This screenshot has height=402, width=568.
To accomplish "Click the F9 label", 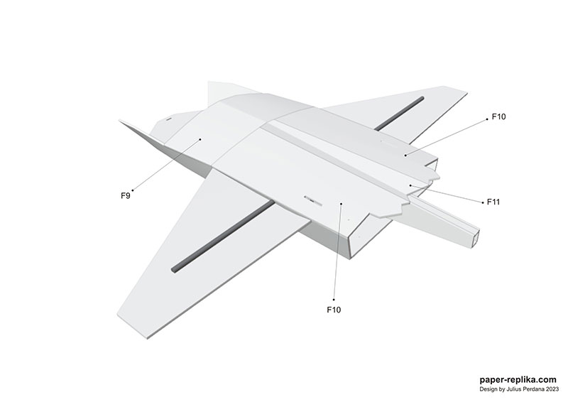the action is (x=126, y=196).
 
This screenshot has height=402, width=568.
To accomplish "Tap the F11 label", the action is (x=493, y=202).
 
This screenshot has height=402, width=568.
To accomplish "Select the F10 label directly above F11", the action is (x=498, y=116).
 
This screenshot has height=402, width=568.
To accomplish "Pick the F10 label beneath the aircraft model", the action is (x=334, y=310).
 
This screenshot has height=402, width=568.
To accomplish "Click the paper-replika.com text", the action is (x=518, y=380).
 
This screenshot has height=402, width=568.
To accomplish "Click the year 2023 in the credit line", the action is (x=553, y=390).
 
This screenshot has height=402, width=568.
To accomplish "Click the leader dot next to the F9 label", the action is (x=133, y=190).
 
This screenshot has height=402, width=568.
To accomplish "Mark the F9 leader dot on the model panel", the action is (x=200, y=139).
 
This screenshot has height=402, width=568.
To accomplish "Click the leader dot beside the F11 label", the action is (x=483, y=202).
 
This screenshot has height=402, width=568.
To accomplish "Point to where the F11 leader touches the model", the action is (x=410, y=185).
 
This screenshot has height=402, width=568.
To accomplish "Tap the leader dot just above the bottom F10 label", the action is (x=334, y=300).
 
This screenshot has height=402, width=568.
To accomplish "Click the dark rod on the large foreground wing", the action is (x=224, y=236).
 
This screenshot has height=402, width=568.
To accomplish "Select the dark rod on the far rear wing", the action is (x=399, y=113).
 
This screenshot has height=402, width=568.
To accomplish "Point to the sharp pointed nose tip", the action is (x=120, y=121).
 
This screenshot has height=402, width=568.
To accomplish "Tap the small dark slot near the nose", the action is (x=168, y=118).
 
